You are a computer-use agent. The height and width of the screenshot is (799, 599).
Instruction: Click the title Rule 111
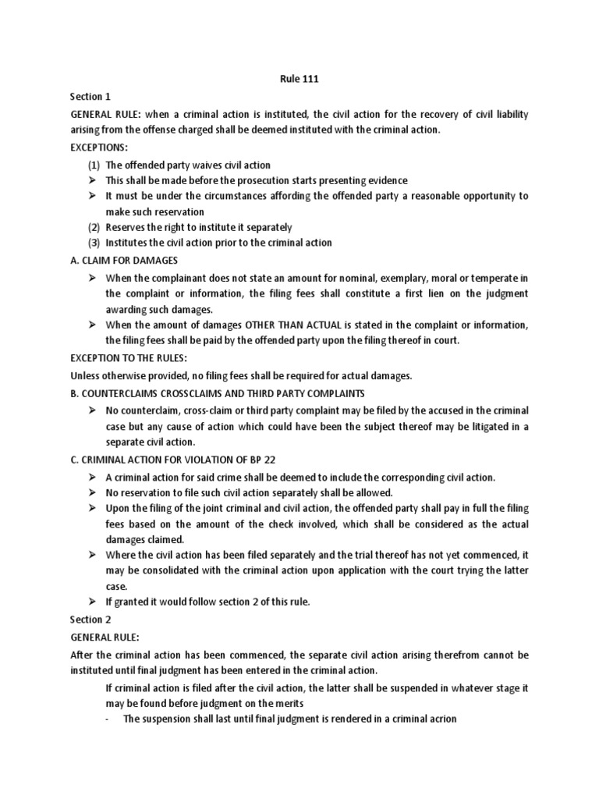[x=299, y=79]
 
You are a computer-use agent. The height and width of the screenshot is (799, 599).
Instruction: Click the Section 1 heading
[x=87, y=97]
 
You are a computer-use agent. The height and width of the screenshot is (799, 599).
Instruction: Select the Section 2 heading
[x=87, y=619]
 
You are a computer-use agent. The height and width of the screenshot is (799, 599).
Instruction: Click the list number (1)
[x=94, y=165]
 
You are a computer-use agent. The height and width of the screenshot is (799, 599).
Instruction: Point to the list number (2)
[x=94, y=227]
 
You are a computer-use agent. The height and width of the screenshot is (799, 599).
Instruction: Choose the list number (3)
[x=94, y=243]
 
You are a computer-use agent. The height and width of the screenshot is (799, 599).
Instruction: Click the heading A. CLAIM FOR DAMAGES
[x=124, y=260]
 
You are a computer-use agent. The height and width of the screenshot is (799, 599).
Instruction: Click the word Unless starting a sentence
[x=85, y=375]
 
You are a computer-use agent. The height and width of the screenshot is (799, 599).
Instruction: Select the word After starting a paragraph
[x=83, y=655]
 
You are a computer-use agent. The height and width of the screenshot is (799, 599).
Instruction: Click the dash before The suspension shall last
[x=107, y=719]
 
